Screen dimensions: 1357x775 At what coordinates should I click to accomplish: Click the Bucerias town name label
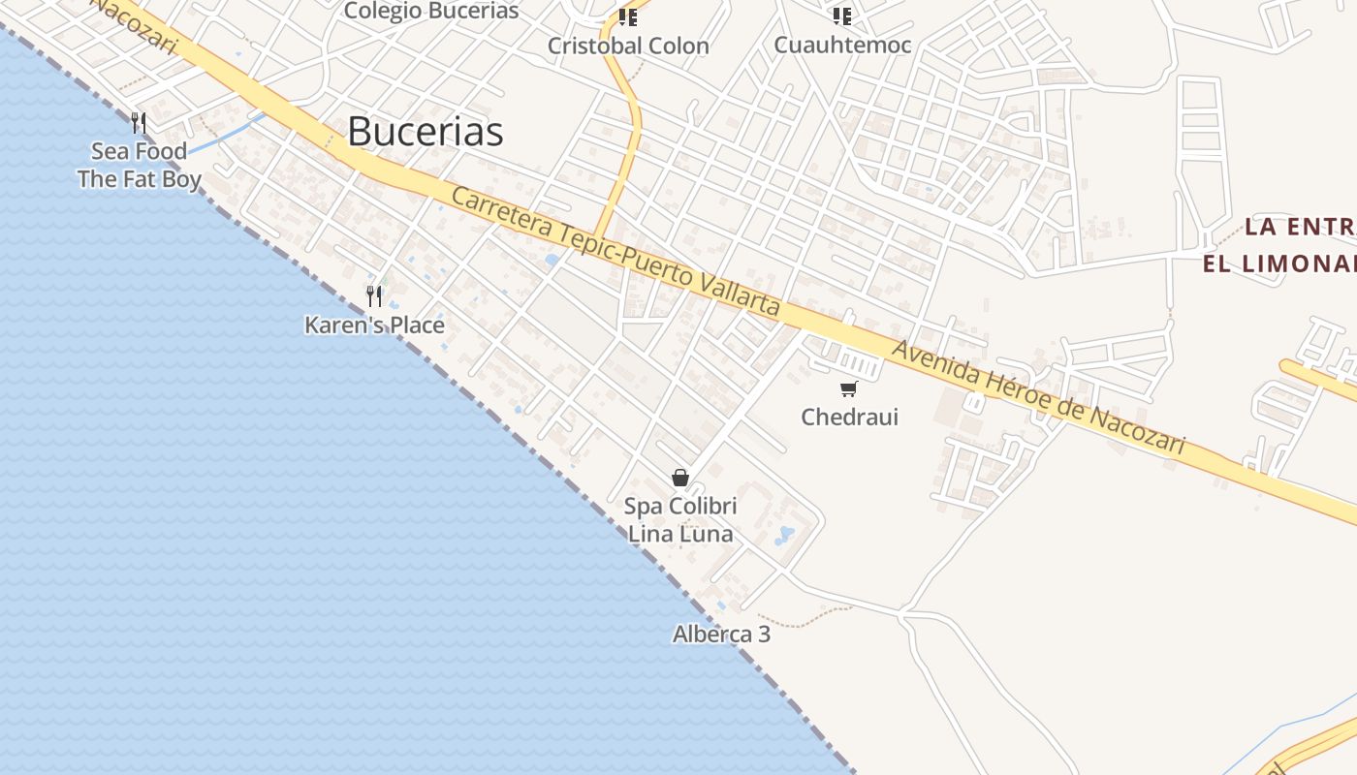coord(425,132)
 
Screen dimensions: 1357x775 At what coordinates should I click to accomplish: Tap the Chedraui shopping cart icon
coord(849,389)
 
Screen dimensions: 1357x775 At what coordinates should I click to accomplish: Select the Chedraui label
coord(849,417)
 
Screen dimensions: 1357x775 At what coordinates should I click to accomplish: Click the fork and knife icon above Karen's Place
coord(374,295)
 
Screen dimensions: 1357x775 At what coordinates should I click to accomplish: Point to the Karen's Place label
coord(374,325)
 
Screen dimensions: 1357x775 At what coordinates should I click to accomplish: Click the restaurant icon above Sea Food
coord(139,122)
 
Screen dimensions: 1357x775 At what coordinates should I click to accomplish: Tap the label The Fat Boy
coord(139,179)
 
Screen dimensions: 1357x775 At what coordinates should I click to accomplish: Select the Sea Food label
coord(139,151)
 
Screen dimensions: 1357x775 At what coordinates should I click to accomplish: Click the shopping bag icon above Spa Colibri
coord(680,478)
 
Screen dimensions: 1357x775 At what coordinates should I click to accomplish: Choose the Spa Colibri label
coord(680,506)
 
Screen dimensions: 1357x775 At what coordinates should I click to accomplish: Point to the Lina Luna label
coord(680,534)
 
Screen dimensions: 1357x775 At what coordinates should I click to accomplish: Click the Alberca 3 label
coord(722,635)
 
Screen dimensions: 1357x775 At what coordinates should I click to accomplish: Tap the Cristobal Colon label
coord(628,46)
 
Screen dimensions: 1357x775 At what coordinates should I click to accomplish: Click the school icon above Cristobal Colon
coord(628,16)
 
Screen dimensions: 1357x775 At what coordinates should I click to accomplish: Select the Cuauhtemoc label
coord(842,46)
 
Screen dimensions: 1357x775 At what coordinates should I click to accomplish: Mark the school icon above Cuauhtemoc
coord(842,16)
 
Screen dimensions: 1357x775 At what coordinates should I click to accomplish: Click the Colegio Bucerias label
coord(431,12)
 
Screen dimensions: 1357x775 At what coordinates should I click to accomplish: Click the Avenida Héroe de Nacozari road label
coord(1038,398)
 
